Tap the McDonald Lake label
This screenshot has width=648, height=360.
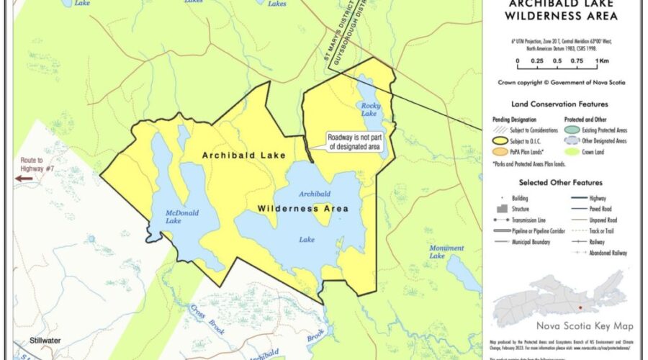tap(163, 217)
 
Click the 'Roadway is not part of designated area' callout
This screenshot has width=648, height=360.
tap(354, 142)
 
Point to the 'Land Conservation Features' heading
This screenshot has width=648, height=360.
tap(559, 104)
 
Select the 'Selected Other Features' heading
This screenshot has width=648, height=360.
tap(559, 183)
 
